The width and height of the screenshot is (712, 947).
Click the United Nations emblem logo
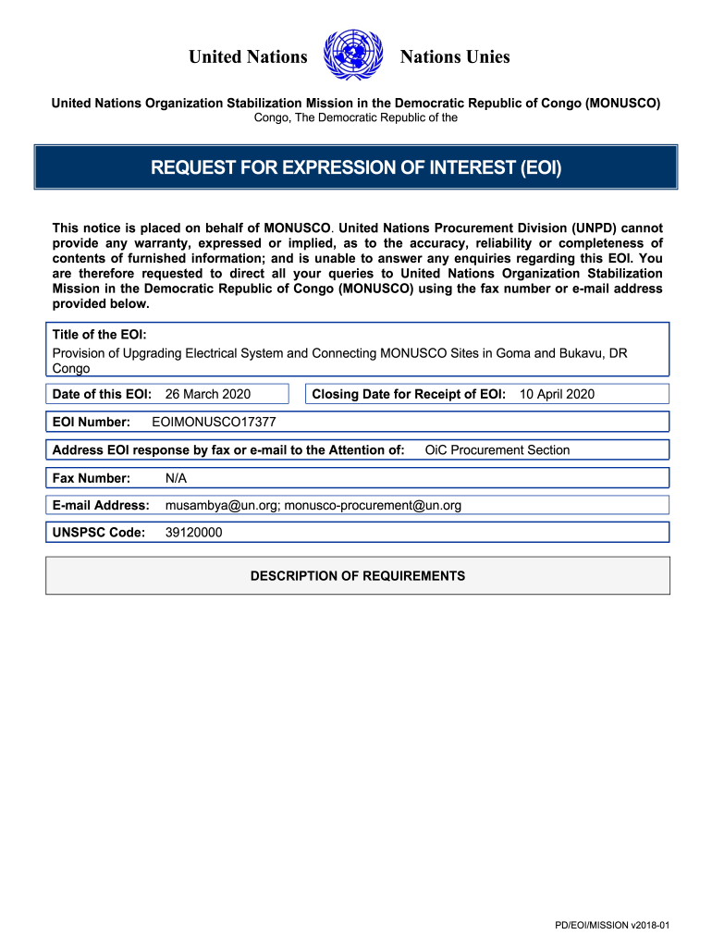point(354,55)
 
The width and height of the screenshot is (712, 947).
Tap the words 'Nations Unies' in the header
point(454,57)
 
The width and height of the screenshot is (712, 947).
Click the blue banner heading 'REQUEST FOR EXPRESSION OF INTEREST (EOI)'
point(356,167)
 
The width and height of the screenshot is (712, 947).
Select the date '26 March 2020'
point(207,395)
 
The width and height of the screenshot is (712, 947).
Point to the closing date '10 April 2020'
point(557,395)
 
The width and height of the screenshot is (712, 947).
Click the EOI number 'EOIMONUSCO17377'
point(213,423)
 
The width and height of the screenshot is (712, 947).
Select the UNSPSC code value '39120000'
point(193,534)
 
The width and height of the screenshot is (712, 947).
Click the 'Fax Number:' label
point(92,478)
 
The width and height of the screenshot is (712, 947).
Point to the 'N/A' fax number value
point(176,478)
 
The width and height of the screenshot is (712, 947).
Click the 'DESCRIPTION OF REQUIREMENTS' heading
point(358,576)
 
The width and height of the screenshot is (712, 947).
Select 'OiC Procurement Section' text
point(497,450)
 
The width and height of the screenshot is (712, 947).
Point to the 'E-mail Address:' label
point(101,506)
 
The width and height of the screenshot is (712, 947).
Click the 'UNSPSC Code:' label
point(99,534)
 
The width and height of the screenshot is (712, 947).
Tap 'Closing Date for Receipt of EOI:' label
point(409,395)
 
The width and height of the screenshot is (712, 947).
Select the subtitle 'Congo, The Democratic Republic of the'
point(356,118)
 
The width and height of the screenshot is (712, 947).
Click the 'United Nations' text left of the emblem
point(248,57)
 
